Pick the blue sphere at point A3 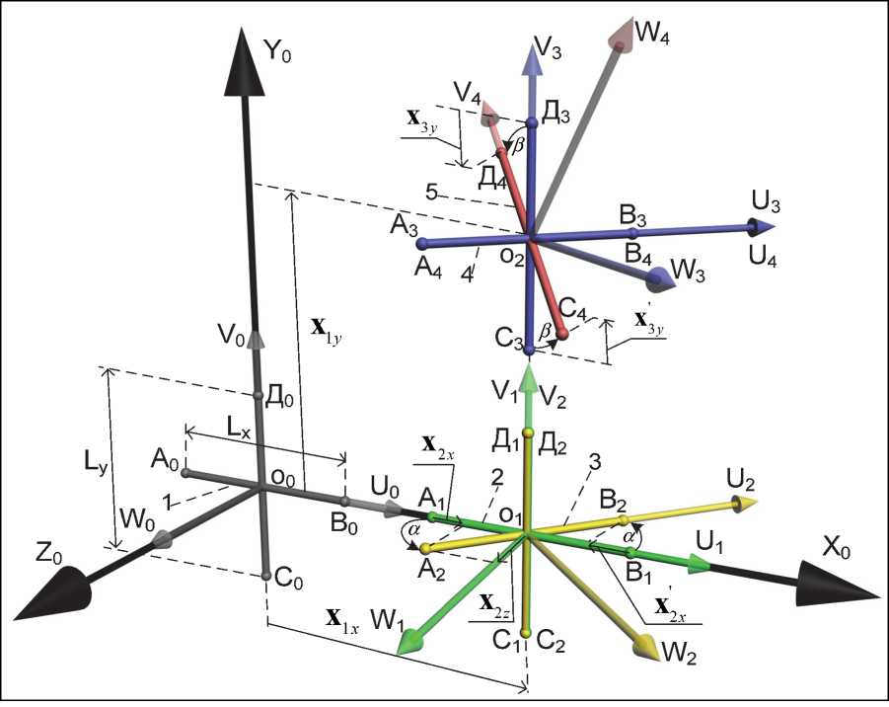pos(422,243)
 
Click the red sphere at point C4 pos(562,338)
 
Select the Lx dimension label pos(238,428)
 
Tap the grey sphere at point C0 pos(266,575)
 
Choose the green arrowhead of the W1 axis pos(410,643)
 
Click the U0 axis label pos(386,487)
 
